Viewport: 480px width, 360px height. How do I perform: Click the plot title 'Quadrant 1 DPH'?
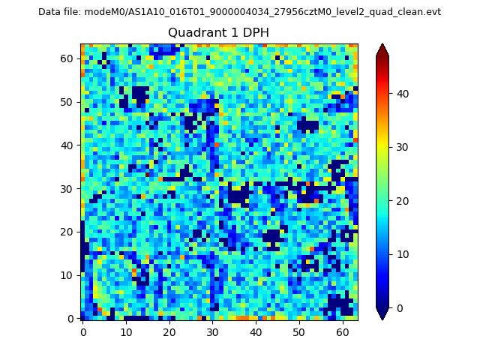tap(218, 33)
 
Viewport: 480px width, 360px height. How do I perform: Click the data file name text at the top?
tap(239, 12)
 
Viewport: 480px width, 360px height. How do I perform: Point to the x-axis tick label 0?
tap(83, 331)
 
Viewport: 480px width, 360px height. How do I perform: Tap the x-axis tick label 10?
tap(126, 331)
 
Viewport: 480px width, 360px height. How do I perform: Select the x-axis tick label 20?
tap(169, 331)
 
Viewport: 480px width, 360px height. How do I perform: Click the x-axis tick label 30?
tap(212, 331)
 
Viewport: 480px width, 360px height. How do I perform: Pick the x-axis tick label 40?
tap(256, 331)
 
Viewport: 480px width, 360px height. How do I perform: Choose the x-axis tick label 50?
tap(299, 331)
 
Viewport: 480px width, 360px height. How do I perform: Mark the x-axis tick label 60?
tap(342, 331)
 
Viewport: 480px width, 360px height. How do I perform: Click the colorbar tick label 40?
tap(402, 94)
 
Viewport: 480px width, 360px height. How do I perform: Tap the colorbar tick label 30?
tap(402, 147)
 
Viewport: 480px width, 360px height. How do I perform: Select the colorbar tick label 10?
tap(402, 254)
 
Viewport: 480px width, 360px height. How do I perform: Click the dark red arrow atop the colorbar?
tap(382, 49)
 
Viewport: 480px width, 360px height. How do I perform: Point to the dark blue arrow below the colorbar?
tap(382, 314)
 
